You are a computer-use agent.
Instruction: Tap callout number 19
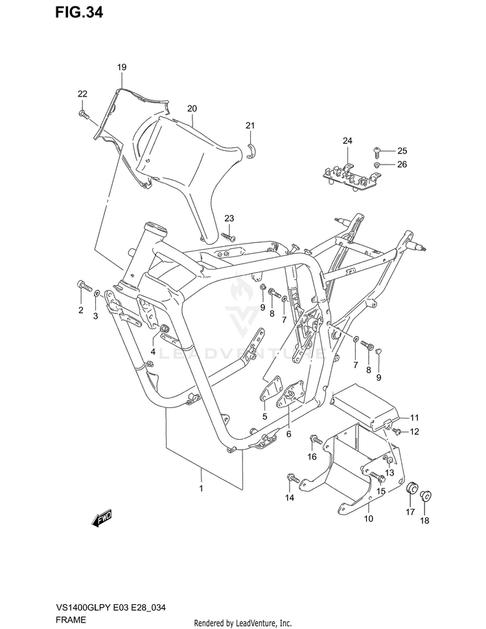tap(122, 67)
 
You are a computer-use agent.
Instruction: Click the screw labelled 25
tap(378, 151)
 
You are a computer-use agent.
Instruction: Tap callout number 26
tap(402, 165)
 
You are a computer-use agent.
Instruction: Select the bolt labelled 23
tap(227, 236)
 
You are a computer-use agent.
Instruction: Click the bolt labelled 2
tap(82, 285)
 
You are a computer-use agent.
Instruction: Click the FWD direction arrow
tap(103, 518)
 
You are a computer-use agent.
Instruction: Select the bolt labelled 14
tap(292, 480)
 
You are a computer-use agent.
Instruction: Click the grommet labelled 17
tap(410, 487)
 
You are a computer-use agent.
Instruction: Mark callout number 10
tap(369, 519)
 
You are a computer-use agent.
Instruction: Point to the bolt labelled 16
tap(316, 440)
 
